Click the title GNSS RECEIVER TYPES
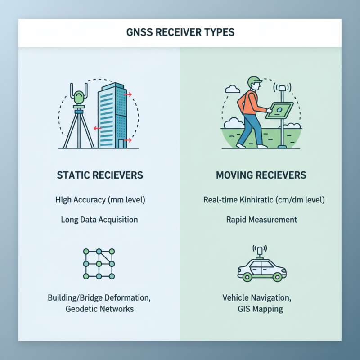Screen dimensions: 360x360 (180, 32)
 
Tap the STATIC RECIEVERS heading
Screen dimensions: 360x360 (100, 175)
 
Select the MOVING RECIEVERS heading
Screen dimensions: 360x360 (261, 175)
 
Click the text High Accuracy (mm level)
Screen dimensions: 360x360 (100, 200)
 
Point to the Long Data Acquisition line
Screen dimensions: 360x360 (99, 220)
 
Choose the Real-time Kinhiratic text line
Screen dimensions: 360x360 (264, 200)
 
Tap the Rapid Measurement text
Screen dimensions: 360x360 (261, 220)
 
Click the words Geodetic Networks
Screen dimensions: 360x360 (99, 309)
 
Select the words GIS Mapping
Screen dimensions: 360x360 (261, 309)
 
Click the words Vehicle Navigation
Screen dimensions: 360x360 (256, 298)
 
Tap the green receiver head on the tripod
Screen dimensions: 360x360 (79, 98)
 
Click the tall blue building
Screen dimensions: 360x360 (112, 115)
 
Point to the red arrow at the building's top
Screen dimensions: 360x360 (128, 94)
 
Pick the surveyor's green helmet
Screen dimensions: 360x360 (254, 81)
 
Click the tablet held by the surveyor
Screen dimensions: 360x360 (279, 110)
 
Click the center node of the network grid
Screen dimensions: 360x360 (99, 264)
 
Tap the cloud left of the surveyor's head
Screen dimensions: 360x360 (232, 89)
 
